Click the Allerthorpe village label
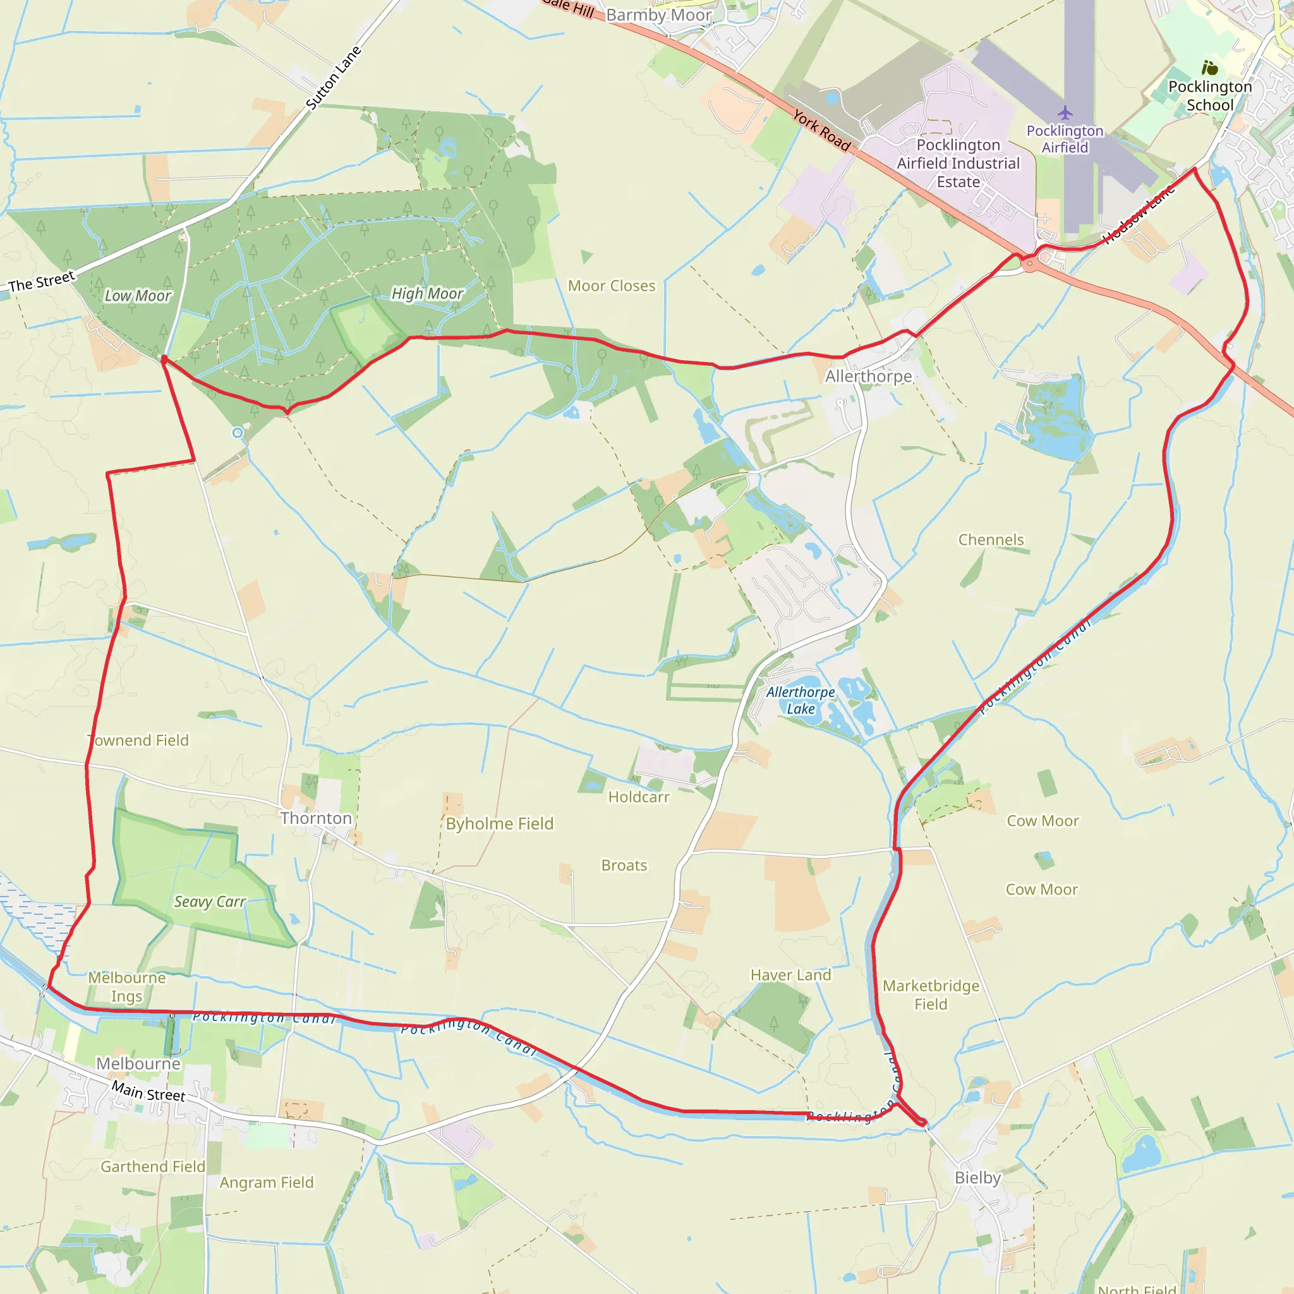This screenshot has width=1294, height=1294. click(868, 377)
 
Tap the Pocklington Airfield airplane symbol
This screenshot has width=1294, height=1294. click(1065, 112)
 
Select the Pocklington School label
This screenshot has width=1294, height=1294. click(1209, 96)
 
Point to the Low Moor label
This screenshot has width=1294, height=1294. click(138, 295)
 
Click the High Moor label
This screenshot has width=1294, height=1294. click(427, 293)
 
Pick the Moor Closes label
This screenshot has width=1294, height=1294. click(612, 286)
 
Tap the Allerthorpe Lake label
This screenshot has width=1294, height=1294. click(801, 700)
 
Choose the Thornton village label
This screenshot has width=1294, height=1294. click(316, 818)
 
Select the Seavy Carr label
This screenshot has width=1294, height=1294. click(210, 902)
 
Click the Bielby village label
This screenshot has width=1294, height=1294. click(977, 1178)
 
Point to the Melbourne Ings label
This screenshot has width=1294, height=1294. click(126, 986)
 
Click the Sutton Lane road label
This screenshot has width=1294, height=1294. click(333, 78)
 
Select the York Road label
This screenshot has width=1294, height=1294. click(821, 130)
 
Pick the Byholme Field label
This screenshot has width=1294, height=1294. click(500, 824)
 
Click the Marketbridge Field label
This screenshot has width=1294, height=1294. click(930, 995)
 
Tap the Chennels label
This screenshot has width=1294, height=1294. click(991, 540)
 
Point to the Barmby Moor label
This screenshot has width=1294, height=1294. click(658, 15)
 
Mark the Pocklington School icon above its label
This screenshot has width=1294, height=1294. click(1209, 68)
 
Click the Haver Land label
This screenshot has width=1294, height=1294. click(790, 975)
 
